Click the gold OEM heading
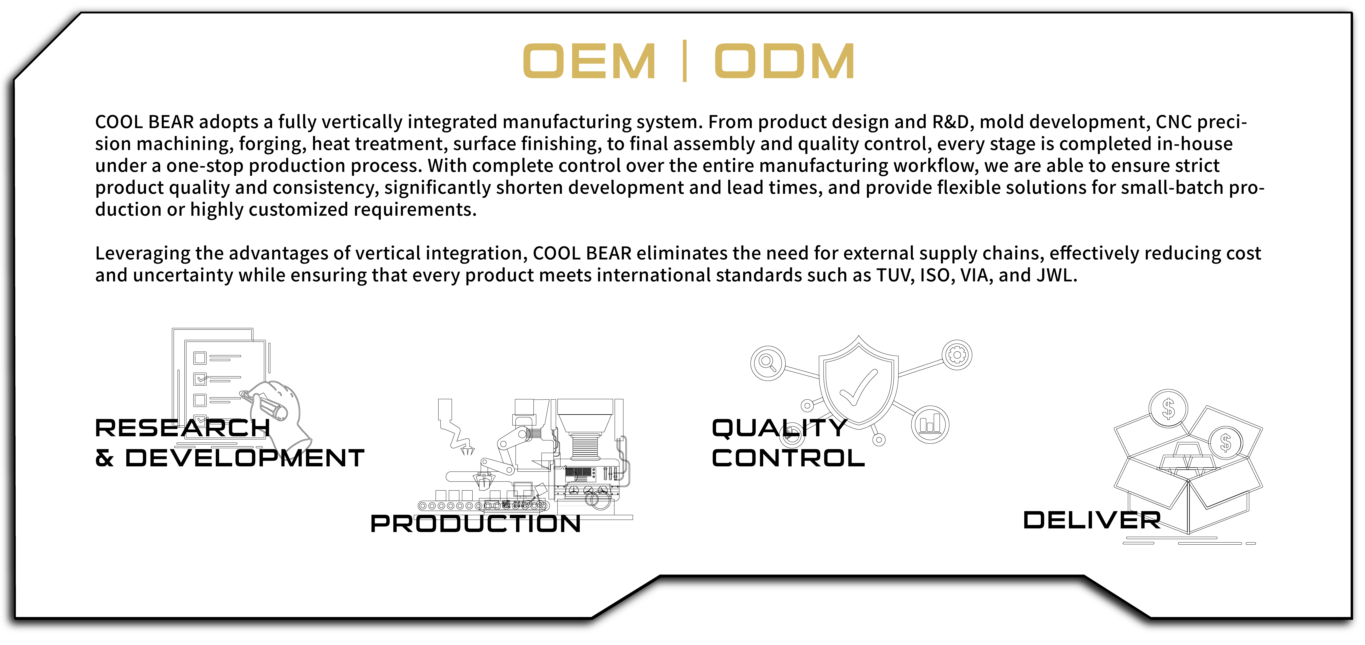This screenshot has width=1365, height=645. point(589,61)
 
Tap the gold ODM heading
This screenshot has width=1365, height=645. point(784,61)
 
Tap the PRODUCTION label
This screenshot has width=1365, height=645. point(475,524)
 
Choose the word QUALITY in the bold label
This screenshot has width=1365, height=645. point(779,428)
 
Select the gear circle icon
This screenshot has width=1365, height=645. point(957,354)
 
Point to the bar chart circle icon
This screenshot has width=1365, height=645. point(930,425)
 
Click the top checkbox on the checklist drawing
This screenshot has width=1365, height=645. point(200,358)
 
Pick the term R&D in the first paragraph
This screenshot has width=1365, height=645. point(951,122)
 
